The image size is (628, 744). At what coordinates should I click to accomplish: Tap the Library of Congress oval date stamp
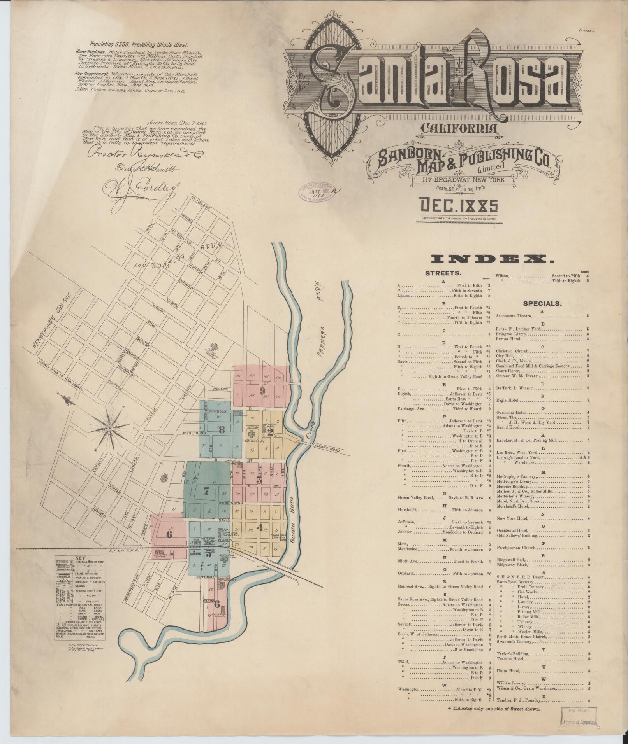(316, 191)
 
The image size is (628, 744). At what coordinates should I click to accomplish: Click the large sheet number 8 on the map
(222, 430)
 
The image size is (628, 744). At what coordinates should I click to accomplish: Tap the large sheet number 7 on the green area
(206, 491)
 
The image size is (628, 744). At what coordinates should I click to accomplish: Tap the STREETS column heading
(443, 273)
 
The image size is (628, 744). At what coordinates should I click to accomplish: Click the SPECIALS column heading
(542, 303)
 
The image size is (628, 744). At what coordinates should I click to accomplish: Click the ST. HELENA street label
(201, 204)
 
